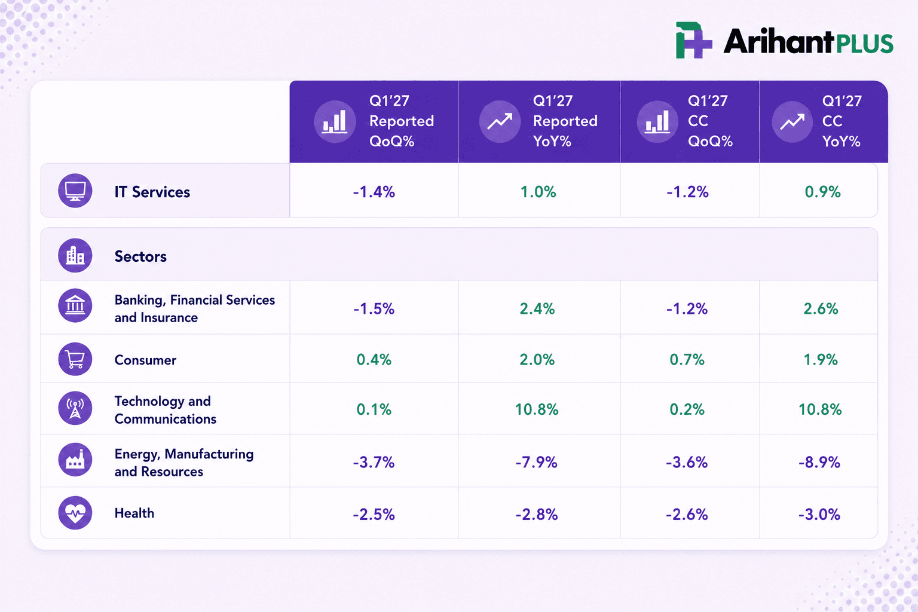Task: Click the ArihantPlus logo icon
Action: (693, 40)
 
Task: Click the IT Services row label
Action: (152, 192)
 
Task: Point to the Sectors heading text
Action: (140, 256)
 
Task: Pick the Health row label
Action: (134, 513)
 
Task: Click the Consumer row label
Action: (145, 360)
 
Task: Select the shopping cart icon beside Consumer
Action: (75, 359)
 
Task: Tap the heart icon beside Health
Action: (75, 513)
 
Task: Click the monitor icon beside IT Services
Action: (75, 191)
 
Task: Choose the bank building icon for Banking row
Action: (75, 305)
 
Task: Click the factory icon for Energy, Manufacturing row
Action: (75, 460)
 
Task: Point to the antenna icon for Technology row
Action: (75, 408)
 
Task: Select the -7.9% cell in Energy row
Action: (537, 463)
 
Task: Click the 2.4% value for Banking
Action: (537, 308)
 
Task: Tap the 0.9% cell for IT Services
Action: (822, 192)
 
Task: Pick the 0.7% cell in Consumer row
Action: (687, 360)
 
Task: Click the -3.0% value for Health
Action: (819, 514)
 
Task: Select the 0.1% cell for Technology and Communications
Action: (374, 409)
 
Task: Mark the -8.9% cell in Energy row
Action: (819, 463)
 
